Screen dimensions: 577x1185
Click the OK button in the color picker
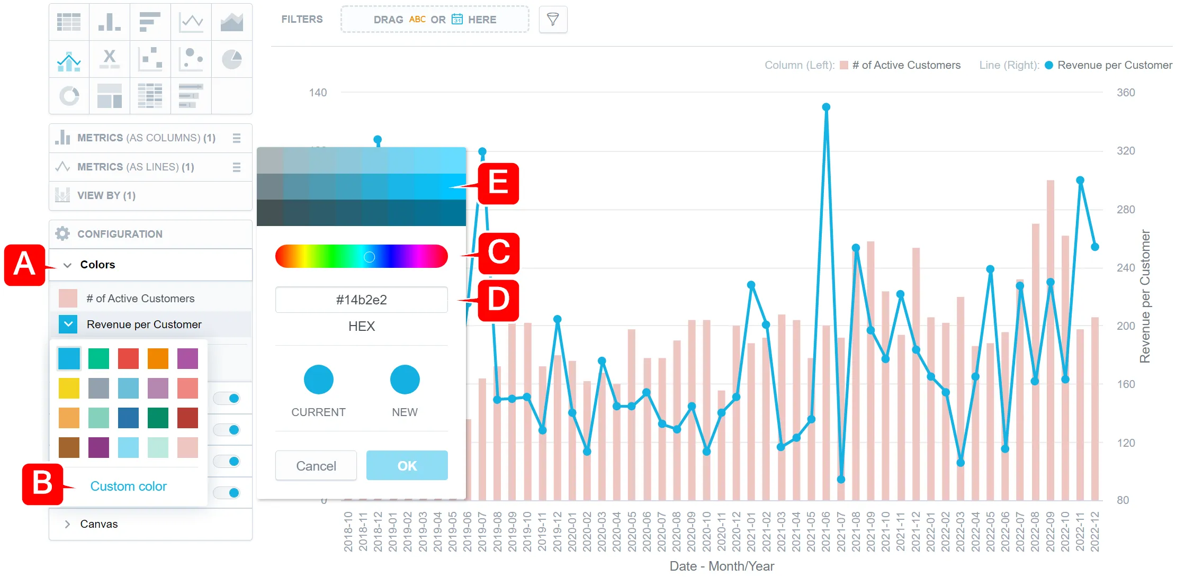[x=407, y=465]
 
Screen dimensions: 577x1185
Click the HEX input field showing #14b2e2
[x=361, y=300]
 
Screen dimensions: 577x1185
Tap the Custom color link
[x=128, y=486]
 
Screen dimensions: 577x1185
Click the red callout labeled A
[x=24, y=265]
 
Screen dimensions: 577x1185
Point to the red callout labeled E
[x=498, y=184]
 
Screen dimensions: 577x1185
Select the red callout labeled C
[x=498, y=253]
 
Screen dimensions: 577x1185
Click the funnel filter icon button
[x=553, y=20]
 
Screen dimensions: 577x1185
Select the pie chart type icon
[x=231, y=59]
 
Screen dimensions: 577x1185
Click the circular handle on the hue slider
[x=370, y=257]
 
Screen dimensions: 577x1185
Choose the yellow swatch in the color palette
[x=69, y=388]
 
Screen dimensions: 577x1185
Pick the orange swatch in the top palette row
[x=158, y=358]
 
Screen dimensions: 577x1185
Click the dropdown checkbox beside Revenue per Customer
[x=68, y=324]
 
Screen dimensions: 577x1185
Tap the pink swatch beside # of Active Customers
[x=68, y=299]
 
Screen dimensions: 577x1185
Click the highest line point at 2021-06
[x=826, y=107]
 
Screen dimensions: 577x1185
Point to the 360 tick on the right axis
[x=1126, y=93]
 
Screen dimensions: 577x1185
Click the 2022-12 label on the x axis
[x=1095, y=531]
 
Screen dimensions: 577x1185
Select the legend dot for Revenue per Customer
[x=1049, y=65]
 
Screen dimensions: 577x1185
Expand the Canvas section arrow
[x=67, y=524]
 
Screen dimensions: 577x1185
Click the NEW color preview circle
[x=405, y=380]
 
